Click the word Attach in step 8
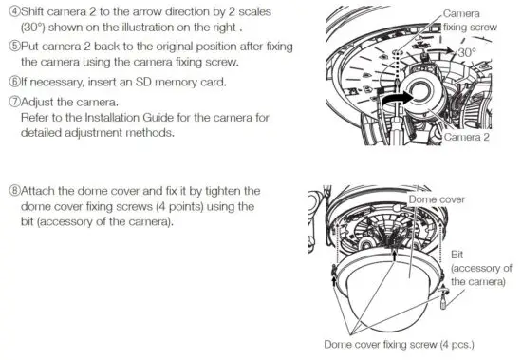[x=39, y=191]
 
